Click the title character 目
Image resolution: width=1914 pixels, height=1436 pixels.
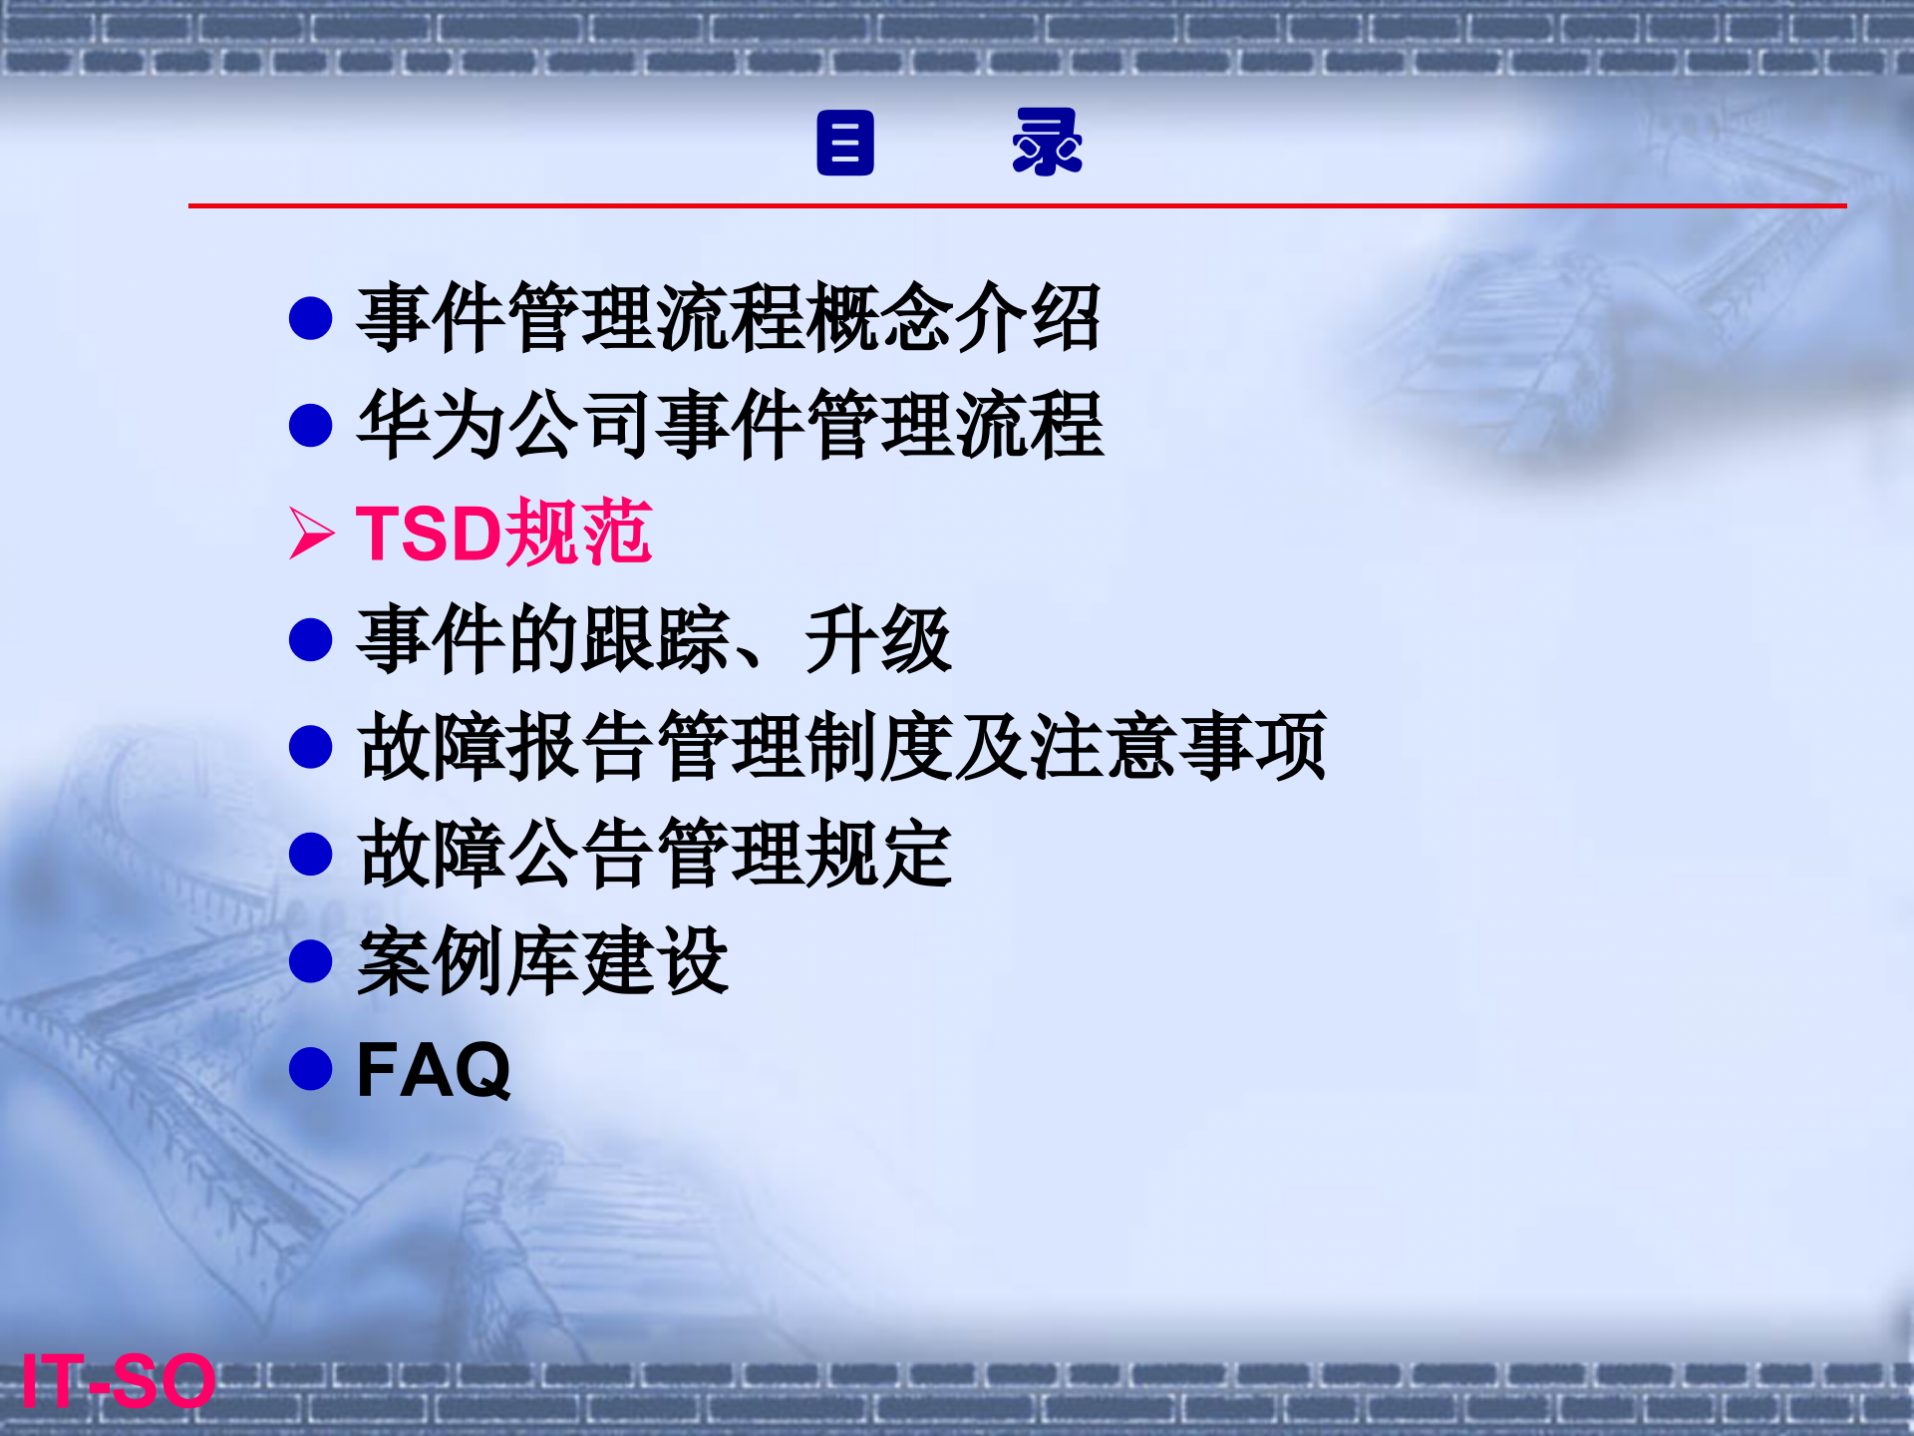844,143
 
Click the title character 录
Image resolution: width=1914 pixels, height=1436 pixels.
1047,143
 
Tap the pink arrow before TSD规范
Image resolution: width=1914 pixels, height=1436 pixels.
311,533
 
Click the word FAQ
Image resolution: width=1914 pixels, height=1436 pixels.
434,1070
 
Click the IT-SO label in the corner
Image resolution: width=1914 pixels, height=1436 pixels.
118,1381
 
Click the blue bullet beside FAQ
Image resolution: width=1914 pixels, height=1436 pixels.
310,1068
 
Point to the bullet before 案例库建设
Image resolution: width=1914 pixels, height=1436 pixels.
310,961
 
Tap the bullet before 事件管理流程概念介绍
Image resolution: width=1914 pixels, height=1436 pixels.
310,318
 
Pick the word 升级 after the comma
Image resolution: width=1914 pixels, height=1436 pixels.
877,640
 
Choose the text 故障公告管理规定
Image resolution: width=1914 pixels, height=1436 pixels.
655,855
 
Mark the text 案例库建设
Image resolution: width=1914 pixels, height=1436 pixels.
543,961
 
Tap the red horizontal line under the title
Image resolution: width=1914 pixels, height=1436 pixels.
1017,205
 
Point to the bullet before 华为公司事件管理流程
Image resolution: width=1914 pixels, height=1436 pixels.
310,425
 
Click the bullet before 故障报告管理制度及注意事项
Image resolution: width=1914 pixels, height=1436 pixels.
310,747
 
